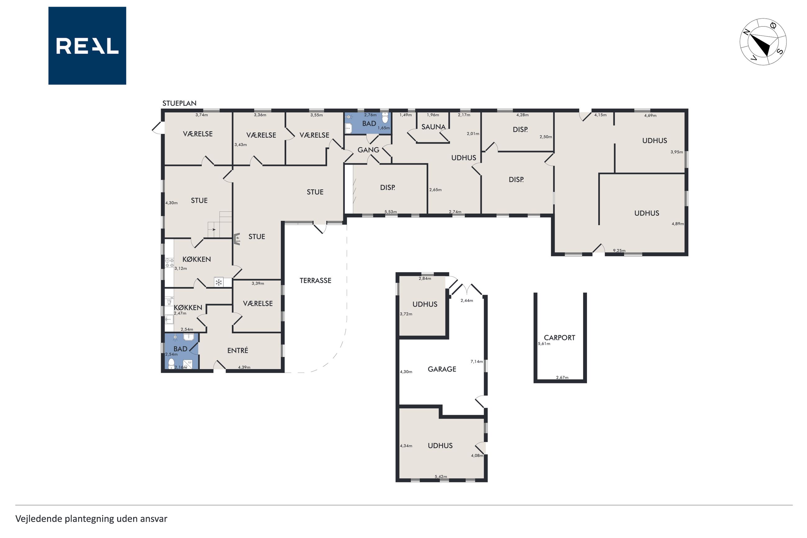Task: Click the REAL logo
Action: pyautogui.click(x=87, y=46)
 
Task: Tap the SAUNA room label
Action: pyautogui.click(x=433, y=127)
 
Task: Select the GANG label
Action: pyautogui.click(x=368, y=150)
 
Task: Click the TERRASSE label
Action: pyautogui.click(x=315, y=281)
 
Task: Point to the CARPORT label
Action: pyautogui.click(x=559, y=338)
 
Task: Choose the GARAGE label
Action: pyautogui.click(x=442, y=369)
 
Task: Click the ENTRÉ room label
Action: pyautogui.click(x=237, y=350)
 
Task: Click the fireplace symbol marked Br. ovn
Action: pyautogui.click(x=237, y=239)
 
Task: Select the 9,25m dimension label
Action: pyautogui.click(x=619, y=251)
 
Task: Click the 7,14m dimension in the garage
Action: pyautogui.click(x=476, y=361)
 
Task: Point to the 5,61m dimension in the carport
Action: pyautogui.click(x=544, y=343)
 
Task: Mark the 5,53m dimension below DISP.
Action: pyautogui.click(x=391, y=212)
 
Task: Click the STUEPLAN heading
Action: pyautogui.click(x=179, y=103)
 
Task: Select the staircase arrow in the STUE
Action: pyautogui.click(x=214, y=229)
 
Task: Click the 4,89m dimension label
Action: pyautogui.click(x=678, y=224)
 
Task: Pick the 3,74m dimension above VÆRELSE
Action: pyautogui.click(x=202, y=115)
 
